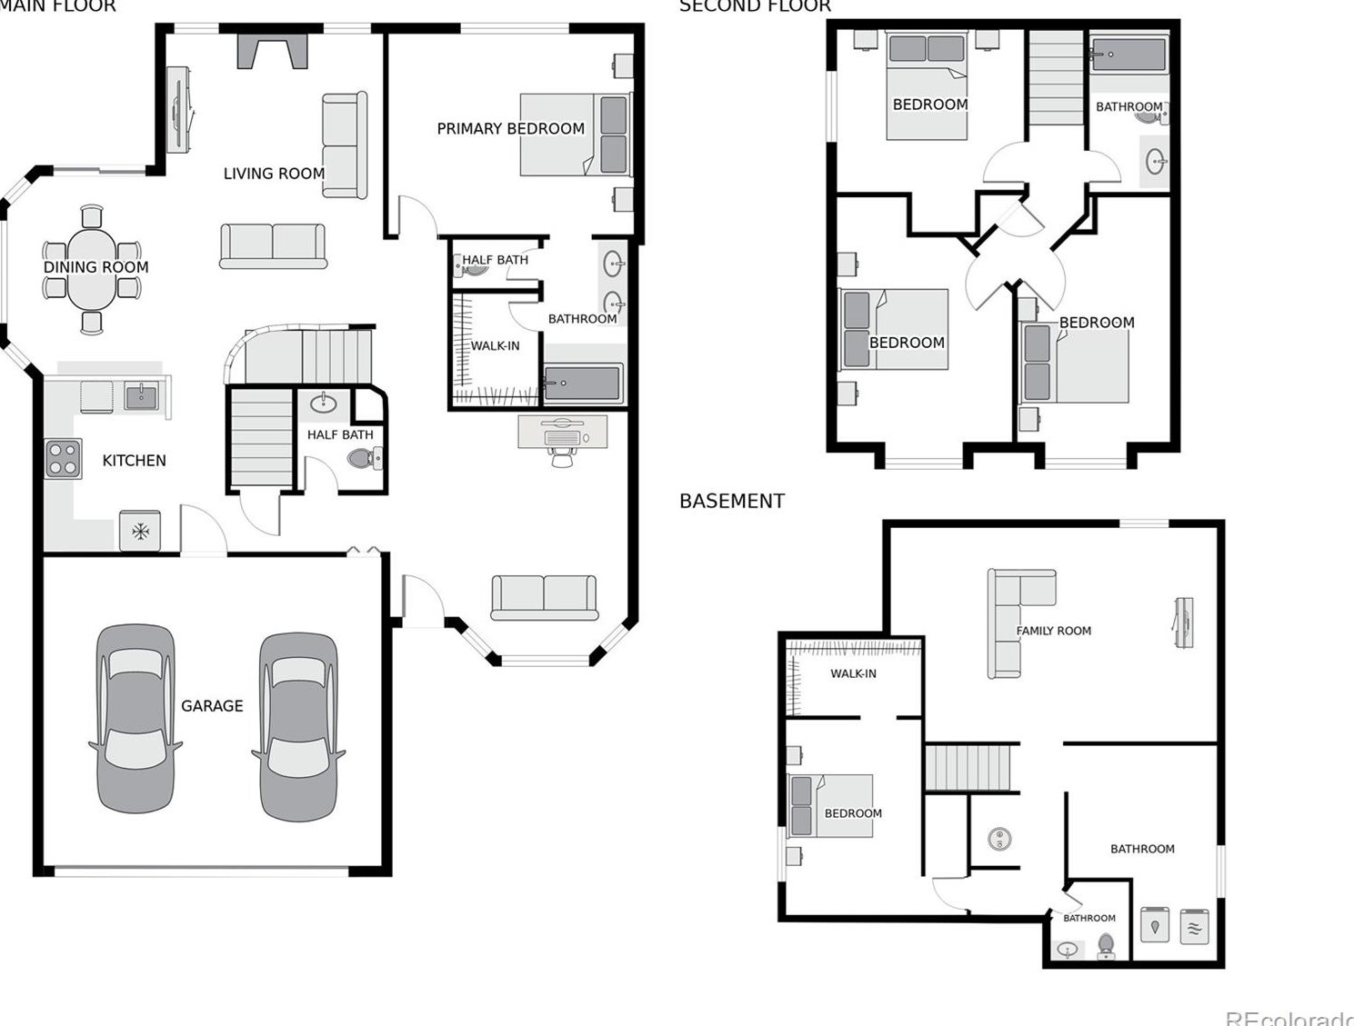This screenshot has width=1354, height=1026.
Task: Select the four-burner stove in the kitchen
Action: click(x=64, y=458)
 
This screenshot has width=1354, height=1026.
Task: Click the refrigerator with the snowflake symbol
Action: click(x=140, y=531)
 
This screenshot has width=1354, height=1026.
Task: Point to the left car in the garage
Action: click(x=135, y=718)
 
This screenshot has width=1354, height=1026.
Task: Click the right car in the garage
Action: click(x=298, y=727)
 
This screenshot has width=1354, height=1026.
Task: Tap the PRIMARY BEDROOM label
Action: click(x=510, y=129)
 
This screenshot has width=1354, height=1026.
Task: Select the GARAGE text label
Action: click(x=212, y=706)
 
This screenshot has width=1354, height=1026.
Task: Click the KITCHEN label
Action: click(x=134, y=461)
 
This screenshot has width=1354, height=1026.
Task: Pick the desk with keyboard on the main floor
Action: click(x=563, y=432)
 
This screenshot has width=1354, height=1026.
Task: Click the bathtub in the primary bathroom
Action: click(x=583, y=384)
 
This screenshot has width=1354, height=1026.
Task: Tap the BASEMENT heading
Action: click(x=732, y=501)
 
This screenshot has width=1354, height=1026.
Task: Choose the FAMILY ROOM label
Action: click(x=1053, y=631)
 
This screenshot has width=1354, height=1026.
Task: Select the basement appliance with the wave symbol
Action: click(x=1194, y=928)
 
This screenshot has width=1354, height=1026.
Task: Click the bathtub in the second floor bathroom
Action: click(x=1128, y=55)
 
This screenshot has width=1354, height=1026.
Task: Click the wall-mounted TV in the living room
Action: click(x=178, y=109)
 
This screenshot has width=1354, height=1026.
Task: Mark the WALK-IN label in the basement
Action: click(x=853, y=673)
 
